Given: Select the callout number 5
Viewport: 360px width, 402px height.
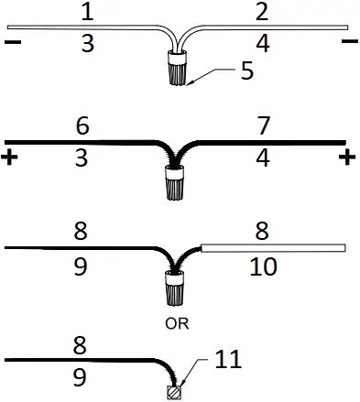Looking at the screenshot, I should pos(247,71).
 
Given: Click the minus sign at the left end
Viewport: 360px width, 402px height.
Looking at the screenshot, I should pos(12,42).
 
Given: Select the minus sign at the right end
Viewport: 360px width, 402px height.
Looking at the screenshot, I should pos(349,42).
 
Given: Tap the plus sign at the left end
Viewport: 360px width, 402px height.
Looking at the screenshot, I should pos(11,158).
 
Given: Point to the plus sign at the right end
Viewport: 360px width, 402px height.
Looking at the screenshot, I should pos(347,158).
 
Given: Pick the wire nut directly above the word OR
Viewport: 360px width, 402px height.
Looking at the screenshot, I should pos(178,290).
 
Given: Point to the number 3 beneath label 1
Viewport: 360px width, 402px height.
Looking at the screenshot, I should pos(87,43).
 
